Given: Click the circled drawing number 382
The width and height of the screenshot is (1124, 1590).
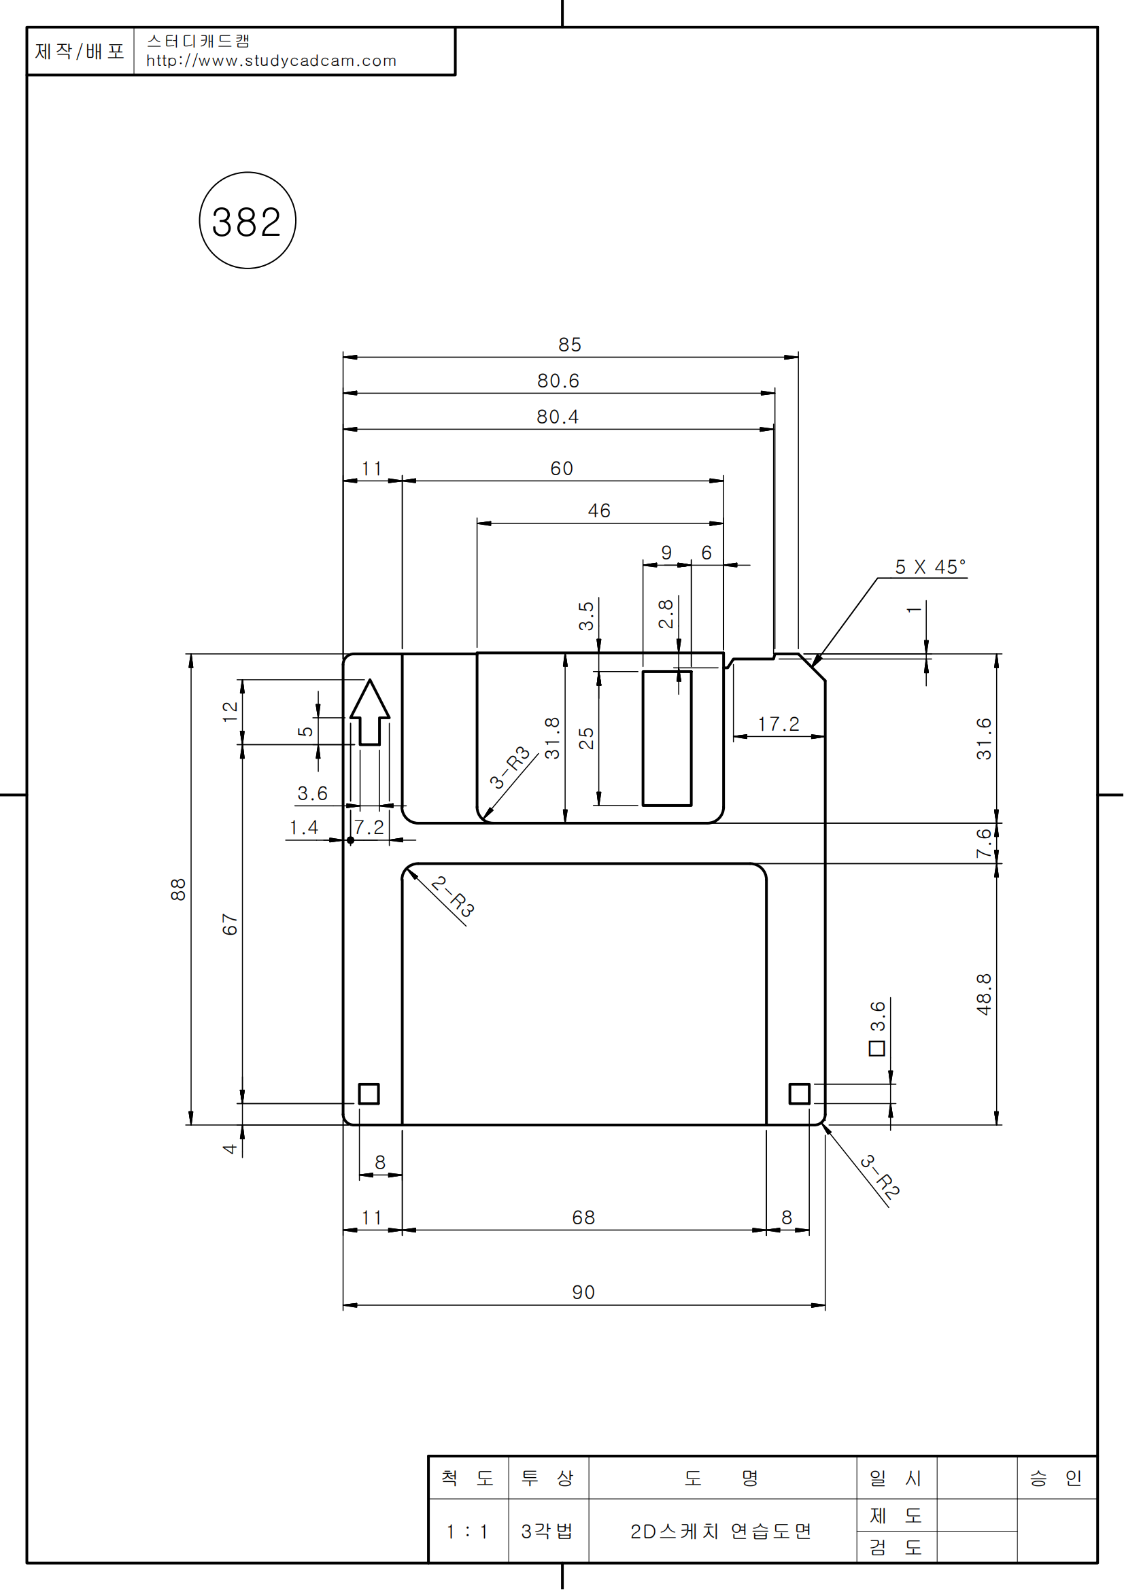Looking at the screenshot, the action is pos(248,221).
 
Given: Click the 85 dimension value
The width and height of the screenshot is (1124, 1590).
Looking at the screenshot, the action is pos(570,345).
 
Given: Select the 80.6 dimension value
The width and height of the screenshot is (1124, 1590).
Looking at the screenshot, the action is pos(558,381).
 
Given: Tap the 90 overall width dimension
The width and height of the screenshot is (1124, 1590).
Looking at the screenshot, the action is pos(583,1292).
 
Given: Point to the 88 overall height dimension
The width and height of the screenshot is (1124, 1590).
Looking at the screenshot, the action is pos(178,889).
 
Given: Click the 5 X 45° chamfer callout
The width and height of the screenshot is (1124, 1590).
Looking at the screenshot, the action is pos(930,567).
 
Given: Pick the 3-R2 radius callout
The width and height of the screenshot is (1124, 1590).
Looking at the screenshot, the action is pos(880,1177).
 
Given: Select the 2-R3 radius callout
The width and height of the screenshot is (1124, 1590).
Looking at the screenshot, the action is pos(453,897).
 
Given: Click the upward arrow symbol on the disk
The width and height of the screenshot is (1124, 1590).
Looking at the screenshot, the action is pos(370,712).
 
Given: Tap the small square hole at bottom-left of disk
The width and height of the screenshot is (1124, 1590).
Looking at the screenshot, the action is pos(369,1094).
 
